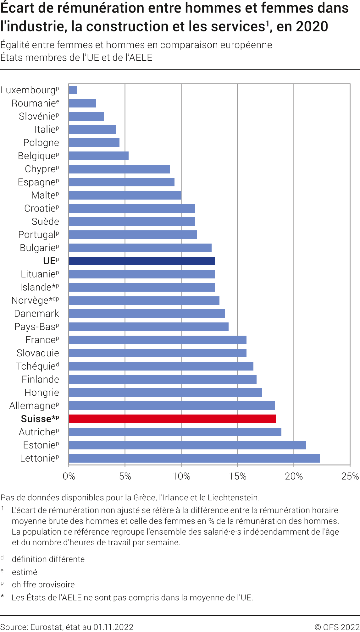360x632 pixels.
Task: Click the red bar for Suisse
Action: point(172,419)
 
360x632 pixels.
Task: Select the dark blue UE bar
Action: point(142,261)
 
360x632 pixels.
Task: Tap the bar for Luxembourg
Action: point(73,90)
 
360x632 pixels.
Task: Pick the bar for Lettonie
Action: point(194,458)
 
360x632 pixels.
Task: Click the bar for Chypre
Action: point(119,169)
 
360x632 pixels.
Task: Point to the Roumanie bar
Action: point(82,103)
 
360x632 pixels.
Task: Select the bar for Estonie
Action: point(187,445)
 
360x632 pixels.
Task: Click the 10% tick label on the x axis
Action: point(181,476)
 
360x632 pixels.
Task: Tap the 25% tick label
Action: point(350,476)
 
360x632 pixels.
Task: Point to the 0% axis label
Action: point(69,476)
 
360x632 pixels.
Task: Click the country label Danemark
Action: point(36,314)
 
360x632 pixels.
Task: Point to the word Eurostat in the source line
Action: point(47,627)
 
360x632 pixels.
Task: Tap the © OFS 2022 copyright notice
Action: point(337,627)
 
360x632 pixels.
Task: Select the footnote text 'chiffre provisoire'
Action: point(43,585)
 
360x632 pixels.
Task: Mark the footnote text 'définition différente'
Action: point(48,559)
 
